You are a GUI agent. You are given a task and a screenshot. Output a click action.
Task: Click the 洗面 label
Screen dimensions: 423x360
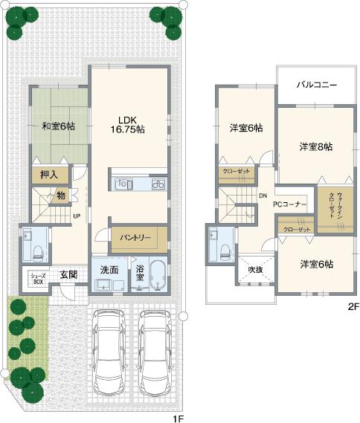(x=109, y=270)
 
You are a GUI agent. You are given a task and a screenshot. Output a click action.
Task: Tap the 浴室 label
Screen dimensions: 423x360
(x=140, y=269)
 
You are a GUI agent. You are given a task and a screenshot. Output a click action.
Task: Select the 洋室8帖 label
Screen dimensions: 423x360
(x=316, y=146)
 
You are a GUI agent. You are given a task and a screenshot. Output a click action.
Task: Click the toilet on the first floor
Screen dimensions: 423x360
(x=31, y=245)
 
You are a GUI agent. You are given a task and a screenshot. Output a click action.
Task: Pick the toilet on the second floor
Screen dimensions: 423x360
(x=223, y=245)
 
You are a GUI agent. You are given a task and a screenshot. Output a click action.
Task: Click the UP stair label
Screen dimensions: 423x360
(x=77, y=216)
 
